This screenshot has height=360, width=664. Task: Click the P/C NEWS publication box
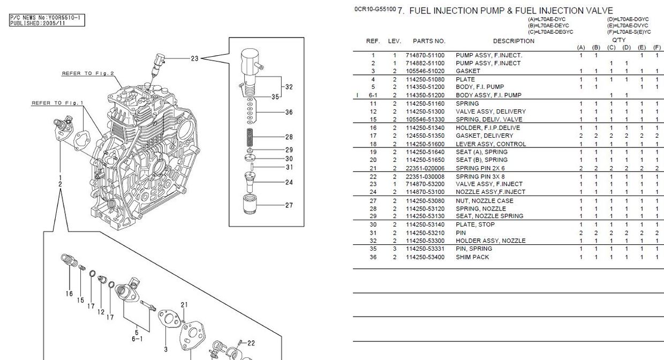point(47,21)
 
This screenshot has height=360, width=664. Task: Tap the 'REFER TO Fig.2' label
point(88,73)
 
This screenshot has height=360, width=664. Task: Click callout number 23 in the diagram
point(194,59)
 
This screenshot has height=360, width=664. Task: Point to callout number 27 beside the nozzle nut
point(289,205)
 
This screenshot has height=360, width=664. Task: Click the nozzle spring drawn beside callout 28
point(250,137)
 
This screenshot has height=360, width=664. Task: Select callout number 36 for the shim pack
point(289,112)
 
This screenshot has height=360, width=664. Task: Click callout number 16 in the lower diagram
point(69,294)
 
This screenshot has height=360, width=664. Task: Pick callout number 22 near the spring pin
point(251,343)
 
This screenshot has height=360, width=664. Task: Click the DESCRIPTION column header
point(513,41)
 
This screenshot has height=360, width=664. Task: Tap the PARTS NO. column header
point(428,41)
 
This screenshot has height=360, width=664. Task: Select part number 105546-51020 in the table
point(425,71)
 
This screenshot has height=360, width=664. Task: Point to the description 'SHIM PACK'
point(472,257)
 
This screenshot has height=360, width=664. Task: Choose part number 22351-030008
point(425,176)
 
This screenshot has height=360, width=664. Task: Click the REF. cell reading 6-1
point(373,95)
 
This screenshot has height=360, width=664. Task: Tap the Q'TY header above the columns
point(618,40)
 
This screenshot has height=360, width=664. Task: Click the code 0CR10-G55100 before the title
point(375,10)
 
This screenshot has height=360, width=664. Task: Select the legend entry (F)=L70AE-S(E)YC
point(629,32)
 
